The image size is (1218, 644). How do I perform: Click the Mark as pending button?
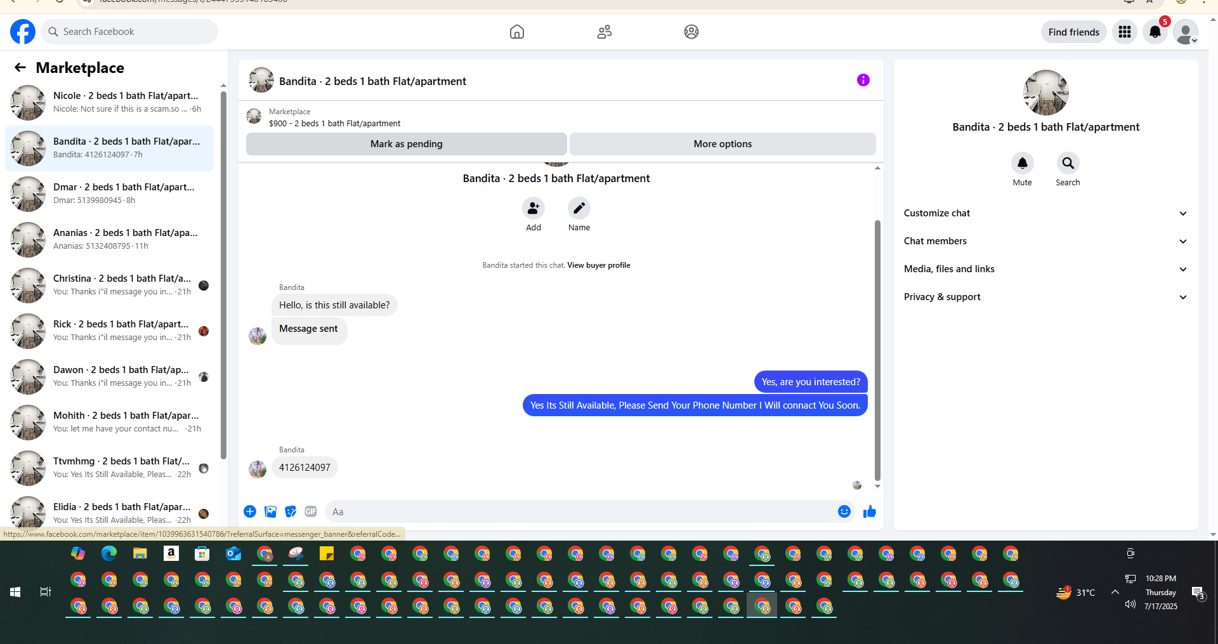pyautogui.click(x=406, y=144)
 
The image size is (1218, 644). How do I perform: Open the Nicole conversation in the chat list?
pyautogui.click(x=109, y=102)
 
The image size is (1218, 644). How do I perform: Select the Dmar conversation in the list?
pyautogui.click(x=109, y=194)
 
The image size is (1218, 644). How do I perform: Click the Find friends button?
pyautogui.click(x=1073, y=32)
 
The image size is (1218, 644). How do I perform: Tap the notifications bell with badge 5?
pyautogui.click(x=1155, y=32)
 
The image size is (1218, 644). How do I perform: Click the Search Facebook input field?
pyautogui.click(x=129, y=32)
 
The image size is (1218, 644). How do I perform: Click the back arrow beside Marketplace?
pyautogui.click(x=20, y=67)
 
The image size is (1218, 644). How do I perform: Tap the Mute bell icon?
pyautogui.click(x=1022, y=163)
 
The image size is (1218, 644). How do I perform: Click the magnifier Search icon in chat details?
pyautogui.click(x=1068, y=163)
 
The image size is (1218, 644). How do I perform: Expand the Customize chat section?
pyautogui.click(x=1045, y=213)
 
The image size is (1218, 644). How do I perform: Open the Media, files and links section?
pyautogui.click(x=1045, y=269)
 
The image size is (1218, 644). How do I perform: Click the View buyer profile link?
pyautogui.click(x=599, y=265)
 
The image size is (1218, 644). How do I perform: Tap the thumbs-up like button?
pyautogui.click(x=869, y=511)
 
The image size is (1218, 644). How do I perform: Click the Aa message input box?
pyautogui.click(x=581, y=511)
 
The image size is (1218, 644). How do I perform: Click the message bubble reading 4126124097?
pyautogui.click(x=304, y=468)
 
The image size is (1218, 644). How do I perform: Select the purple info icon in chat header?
pyautogui.click(x=863, y=80)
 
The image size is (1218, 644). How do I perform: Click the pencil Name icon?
pyautogui.click(x=579, y=208)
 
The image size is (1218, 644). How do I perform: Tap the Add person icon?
pyautogui.click(x=533, y=208)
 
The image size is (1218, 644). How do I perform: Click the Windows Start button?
pyautogui.click(x=15, y=592)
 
